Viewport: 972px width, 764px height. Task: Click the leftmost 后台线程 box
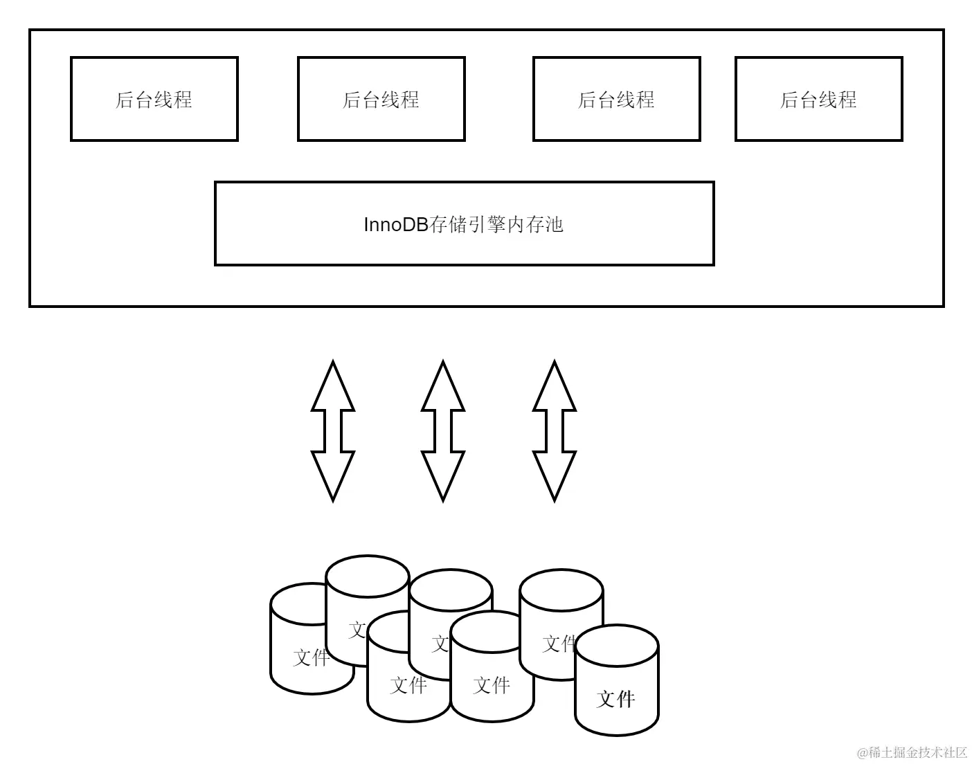coord(154,99)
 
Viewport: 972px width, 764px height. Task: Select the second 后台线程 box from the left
coord(381,99)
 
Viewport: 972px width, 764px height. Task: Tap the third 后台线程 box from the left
coord(616,99)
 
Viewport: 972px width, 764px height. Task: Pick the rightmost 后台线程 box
coord(818,99)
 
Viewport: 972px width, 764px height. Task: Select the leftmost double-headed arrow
coord(333,430)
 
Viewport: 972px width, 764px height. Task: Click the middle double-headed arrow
coord(443,430)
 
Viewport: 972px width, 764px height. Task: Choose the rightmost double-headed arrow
coord(555,430)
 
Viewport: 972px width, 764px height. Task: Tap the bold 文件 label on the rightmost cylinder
coord(616,698)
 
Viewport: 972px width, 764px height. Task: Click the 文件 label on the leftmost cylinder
coord(311,657)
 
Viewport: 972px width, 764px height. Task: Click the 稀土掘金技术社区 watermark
coord(912,752)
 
